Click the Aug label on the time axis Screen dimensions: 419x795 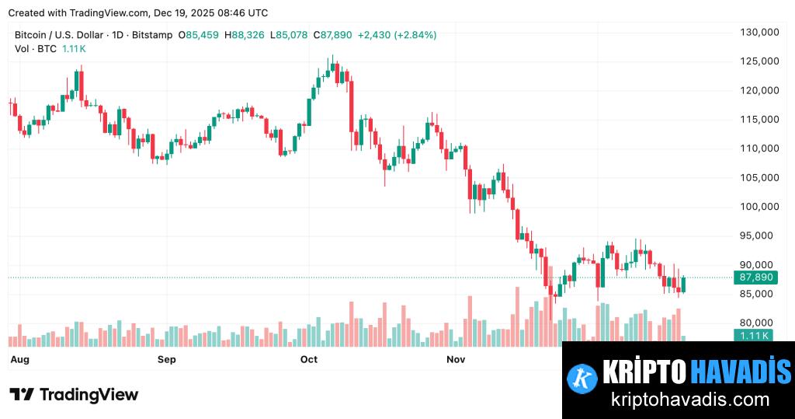[x=19, y=359]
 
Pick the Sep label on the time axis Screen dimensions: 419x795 [x=167, y=359]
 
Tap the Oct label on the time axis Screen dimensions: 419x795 [x=309, y=359]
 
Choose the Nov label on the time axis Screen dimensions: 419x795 [x=456, y=359]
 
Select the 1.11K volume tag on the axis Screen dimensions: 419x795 [x=753, y=335]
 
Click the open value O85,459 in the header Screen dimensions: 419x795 [x=199, y=35]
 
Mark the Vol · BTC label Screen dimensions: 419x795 [x=36, y=48]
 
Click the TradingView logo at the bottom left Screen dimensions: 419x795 [x=75, y=395]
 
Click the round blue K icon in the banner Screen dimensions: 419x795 [x=581, y=377]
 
